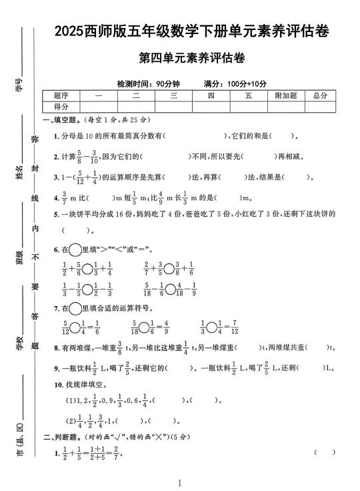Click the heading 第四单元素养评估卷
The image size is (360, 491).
tap(191, 58)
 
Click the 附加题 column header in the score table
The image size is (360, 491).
tap(285, 96)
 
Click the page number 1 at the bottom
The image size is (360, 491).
tap(181, 482)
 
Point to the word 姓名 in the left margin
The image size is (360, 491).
tap(19, 173)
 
